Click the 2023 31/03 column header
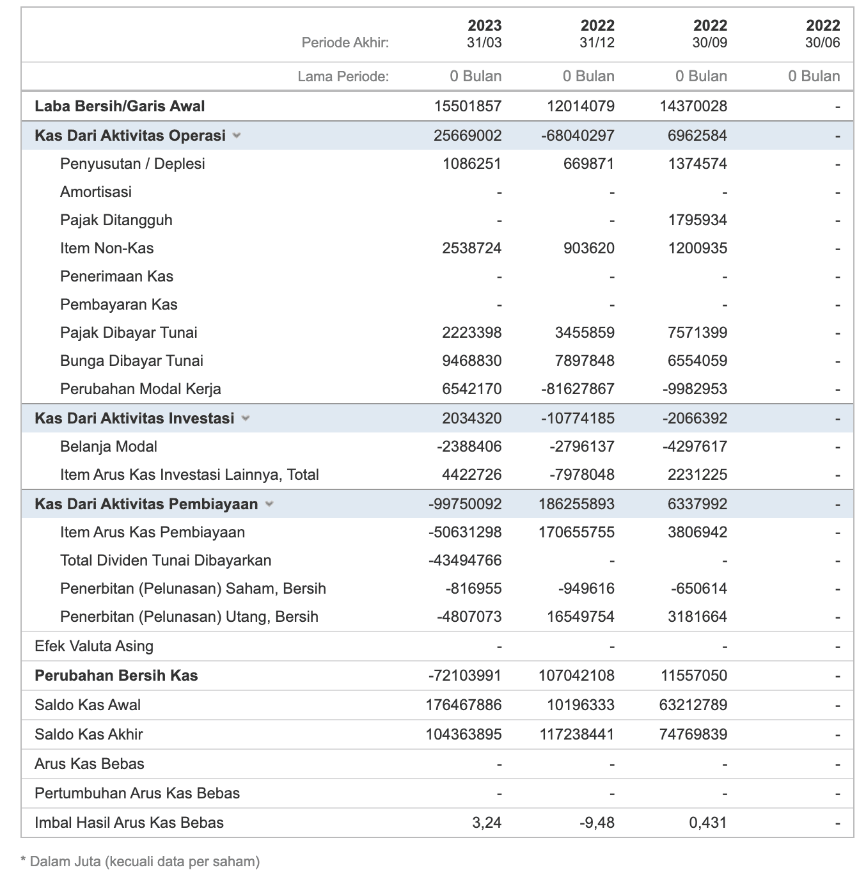click(x=484, y=34)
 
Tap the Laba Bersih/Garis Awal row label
click(x=120, y=106)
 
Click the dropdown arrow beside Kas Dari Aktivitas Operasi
click(x=237, y=136)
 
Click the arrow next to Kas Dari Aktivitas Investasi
click(x=246, y=418)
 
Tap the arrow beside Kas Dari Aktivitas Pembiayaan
click(x=269, y=504)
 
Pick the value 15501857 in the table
click(x=468, y=106)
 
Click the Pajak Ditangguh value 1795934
click(x=697, y=220)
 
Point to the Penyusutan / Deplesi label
click(x=132, y=164)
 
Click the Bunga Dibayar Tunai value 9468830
click(x=471, y=361)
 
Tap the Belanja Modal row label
click(x=108, y=447)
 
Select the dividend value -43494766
click(x=464, y=560)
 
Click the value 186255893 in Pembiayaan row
click(x=576, y=504)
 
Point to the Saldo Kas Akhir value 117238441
click(x=576, y=734)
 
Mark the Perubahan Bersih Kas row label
click(x=116, y=676)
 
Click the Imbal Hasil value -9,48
click(x=596, y=823)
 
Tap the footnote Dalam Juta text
click(x=145, y=861)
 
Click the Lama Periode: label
click(x=343, y=77)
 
